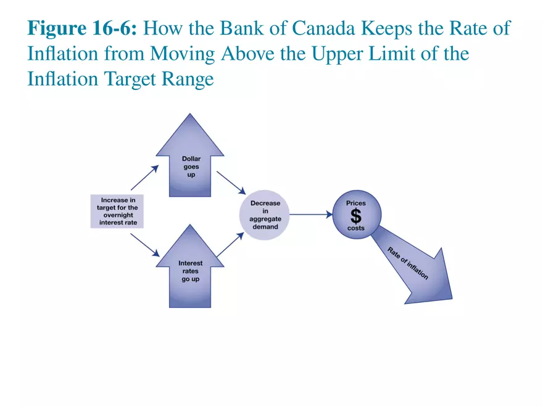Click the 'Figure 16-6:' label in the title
tap(86, 29)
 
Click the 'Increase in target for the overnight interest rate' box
tap(117, 212)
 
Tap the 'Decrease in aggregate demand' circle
tap(265, 215)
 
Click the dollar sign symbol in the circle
tap(355, 215)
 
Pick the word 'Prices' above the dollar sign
tap(355, 203)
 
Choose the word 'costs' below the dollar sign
tap(355, 228)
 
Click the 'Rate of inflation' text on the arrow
tap(407, 263)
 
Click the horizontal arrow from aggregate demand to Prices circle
tap(311, 215)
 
